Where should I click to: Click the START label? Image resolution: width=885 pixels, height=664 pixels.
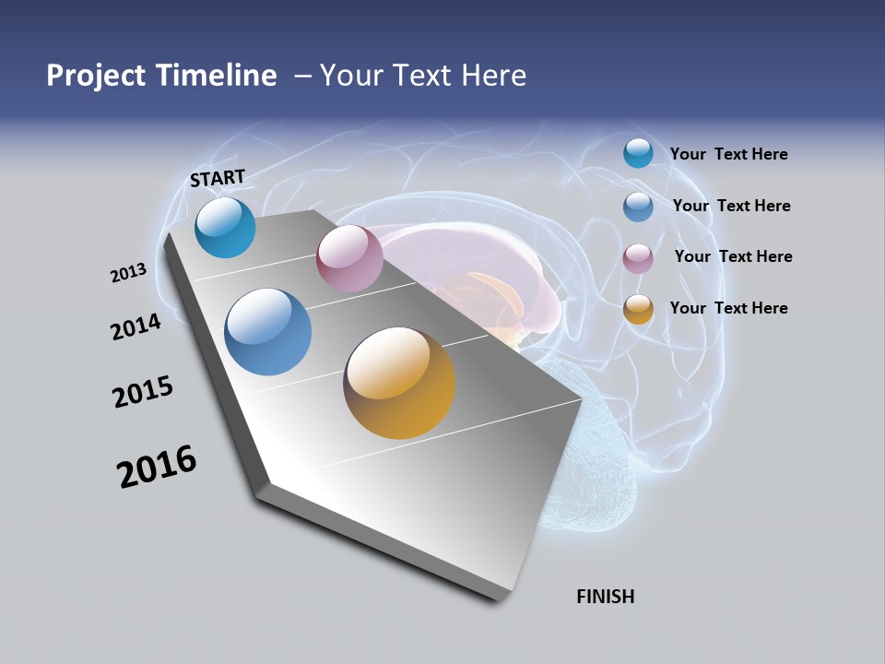click(218, 178)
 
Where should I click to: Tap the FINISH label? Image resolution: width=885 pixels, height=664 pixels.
click(606, 597)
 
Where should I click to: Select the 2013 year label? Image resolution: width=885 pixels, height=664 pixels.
click(128, 273)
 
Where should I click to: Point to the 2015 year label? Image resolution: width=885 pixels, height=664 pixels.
click(143, 392)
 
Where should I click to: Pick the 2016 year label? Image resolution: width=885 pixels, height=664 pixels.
click(157, 467)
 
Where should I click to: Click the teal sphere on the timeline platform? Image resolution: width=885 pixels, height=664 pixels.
click(226, 228)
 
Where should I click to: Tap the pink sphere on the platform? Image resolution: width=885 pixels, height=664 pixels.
click(349, 258)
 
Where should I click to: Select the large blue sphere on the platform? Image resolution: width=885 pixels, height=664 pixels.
click(268, 332)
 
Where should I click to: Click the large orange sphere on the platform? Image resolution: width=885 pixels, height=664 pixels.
click(399, 383)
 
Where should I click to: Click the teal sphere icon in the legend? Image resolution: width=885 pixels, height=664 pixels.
click(638, 153)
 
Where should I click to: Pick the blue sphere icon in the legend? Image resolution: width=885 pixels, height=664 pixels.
click(638, 207)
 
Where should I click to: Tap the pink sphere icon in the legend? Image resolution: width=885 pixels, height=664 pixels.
click(638, 258)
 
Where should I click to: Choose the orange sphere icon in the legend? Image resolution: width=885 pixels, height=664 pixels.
click(638, 309)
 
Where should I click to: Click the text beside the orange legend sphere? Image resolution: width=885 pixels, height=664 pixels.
click(728, 308)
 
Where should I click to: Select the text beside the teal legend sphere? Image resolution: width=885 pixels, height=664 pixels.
click(728, 154)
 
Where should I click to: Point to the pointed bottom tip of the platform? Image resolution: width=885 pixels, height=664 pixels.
click(498, 599)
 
